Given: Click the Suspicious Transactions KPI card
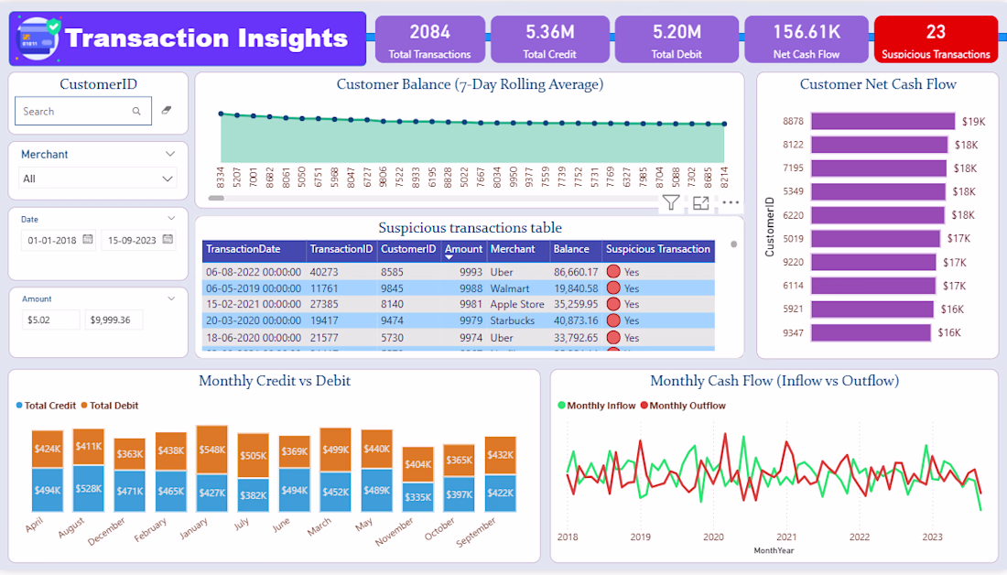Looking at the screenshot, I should pos(936,40).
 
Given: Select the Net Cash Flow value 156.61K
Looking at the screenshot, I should pos(806,32).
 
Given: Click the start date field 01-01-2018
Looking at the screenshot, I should pos(53,240).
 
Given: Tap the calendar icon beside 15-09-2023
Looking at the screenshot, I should pos(168,240).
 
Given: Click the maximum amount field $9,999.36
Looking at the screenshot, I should pos(114,320).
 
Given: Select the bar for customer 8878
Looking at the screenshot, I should pos(882,121).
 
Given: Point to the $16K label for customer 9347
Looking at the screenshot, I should pos(948,333).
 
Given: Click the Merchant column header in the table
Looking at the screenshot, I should pos(512,249).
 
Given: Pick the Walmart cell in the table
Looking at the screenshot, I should pos(510,288).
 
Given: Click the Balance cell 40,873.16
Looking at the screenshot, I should pos(576,321).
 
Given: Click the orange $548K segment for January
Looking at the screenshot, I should pos(212,450).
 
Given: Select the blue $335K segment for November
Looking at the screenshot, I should pos(417,496).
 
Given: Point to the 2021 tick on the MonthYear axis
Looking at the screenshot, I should pos(786,537).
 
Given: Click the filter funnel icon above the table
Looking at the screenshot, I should pos(671,203).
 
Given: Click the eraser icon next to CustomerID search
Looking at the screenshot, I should pos(166,111).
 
